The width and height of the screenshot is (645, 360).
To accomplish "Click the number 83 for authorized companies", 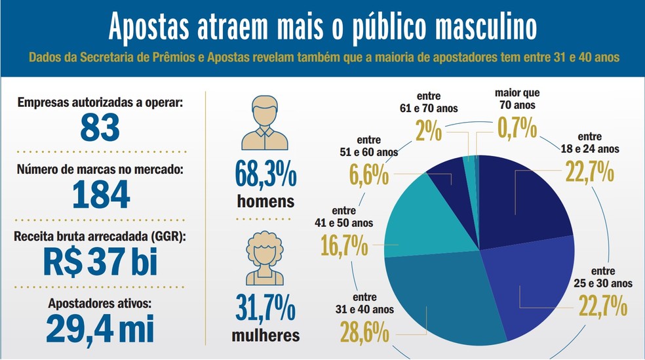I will [x=100, y=127].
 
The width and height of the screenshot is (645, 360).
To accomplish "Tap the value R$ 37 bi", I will [x=100, y=262].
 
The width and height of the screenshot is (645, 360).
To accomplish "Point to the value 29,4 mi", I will [x=100, y=329].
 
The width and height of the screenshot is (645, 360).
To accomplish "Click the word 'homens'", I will [x=265, y=201].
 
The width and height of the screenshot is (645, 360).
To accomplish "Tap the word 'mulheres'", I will [x=265, y=336].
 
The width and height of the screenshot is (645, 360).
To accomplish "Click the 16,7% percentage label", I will [x=343, y=246].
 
